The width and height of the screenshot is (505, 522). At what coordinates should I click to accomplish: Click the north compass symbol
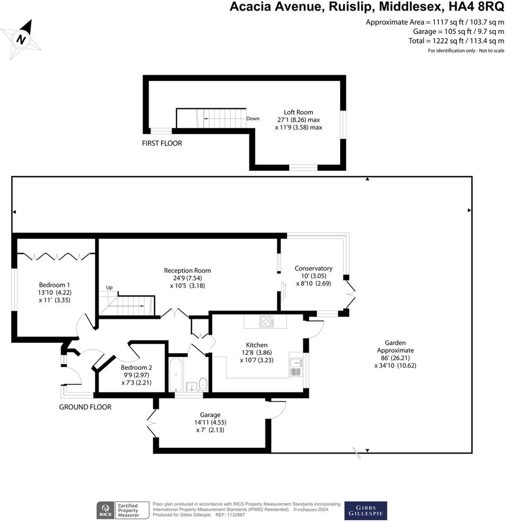[x=21, y=38]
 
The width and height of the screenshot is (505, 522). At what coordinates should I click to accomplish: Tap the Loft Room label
[x=298, y=112]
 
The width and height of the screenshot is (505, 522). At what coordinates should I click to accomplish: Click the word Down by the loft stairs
[x=253, y=118]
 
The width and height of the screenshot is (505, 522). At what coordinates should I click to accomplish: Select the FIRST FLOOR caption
[x=162, y=143]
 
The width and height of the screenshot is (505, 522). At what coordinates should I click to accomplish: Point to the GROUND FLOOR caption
[x=85, y=407]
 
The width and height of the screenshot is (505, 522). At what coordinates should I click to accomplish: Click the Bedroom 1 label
[x=54, y=284]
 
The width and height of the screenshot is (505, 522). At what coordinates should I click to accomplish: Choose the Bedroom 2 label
[x=136, y=368]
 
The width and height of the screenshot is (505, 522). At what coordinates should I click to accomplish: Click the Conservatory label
[x=314, y=268]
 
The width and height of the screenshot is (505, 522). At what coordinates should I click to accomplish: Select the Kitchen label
[x=257, y=345]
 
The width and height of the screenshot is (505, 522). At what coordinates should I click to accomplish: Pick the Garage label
[x=210, y=415]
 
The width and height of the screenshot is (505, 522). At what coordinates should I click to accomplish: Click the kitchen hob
[x=265, y=321]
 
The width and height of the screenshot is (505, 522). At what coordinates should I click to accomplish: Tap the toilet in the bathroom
[x=202, y=383]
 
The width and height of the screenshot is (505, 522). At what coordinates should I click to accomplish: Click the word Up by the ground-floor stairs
[x=109, y=288]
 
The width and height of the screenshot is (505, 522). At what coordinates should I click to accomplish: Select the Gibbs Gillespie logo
[x=365, y=510]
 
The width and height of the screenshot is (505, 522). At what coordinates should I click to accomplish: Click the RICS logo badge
[x=104, y=510]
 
